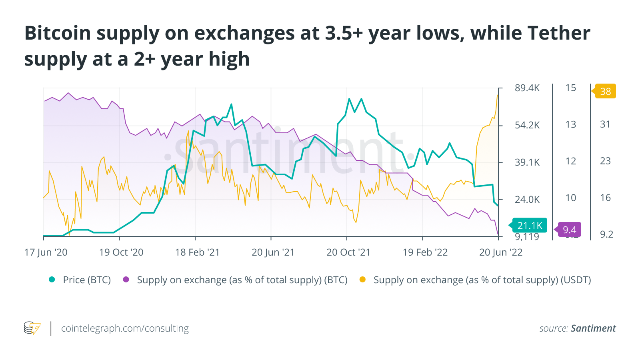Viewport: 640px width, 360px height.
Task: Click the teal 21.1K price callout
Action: tap(530, 226)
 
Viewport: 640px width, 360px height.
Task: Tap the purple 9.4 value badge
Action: tap(569, 230)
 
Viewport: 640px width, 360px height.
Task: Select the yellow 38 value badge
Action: tap(605, 91)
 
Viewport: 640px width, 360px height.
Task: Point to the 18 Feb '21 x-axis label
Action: tap(197, 252)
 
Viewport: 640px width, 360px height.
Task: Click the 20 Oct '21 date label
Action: tap(348, 252)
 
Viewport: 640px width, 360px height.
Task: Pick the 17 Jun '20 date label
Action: tap(46, 252)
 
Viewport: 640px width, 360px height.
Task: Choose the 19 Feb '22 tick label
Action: tap(425, 252)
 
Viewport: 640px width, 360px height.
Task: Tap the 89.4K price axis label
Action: tap(527, 88)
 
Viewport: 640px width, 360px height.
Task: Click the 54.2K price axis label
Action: tap(527, 125)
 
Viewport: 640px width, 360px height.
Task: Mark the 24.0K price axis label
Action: tap(527, 199)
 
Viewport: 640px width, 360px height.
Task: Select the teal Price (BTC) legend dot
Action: tap(52, 280)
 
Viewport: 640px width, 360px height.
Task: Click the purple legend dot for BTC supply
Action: tap(126, 280)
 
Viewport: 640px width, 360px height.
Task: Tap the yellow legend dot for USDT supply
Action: tap(362, 280)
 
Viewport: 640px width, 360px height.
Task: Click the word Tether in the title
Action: tap(559, 33)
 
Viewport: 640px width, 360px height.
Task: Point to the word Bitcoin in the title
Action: tap(58, 33)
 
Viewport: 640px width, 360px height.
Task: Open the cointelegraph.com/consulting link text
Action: tap(125, 328)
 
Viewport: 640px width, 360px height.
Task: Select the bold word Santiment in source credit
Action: tap(593, 328)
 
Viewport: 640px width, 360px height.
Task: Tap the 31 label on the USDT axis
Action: tap(605, 124)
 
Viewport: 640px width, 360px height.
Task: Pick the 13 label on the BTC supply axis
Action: tap(571, 124)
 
